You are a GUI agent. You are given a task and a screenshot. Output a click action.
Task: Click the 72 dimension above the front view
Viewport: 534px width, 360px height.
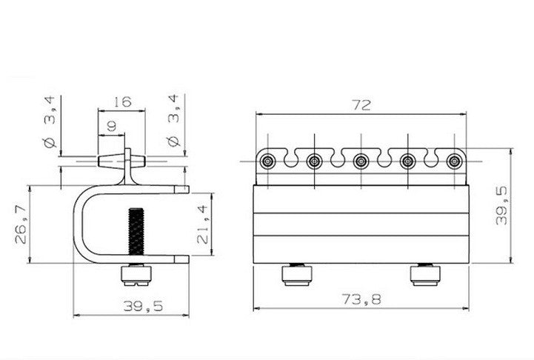coord(361,104)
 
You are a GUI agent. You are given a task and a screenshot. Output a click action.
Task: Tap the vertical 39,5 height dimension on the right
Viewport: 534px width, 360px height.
coord(501,205)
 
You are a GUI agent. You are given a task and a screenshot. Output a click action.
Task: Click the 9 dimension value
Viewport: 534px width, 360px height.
coord(111,127)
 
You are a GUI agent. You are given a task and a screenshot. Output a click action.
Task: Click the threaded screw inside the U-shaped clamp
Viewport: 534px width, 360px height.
coord(136,233)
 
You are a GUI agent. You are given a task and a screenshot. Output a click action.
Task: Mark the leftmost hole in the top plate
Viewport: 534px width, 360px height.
coord(268,160)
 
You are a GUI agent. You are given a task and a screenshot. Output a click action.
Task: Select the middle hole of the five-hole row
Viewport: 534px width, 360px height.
coord(361,160)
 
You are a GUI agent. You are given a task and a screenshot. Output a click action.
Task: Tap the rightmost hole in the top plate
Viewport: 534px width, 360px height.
coord(453,160)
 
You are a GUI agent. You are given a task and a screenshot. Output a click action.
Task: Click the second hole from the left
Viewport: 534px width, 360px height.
coord(315,160)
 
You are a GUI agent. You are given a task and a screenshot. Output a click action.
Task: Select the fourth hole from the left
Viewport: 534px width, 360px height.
coord(407,160)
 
